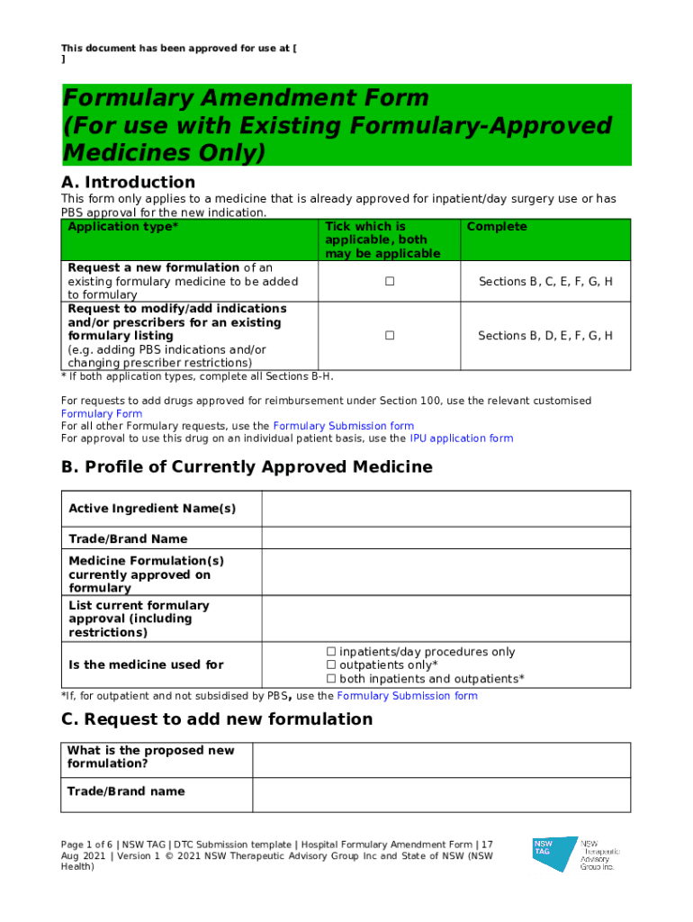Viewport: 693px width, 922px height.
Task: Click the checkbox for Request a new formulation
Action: [390, 282]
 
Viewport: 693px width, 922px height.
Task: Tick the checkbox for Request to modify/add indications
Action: [390, 336]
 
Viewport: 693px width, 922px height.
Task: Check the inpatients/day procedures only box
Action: [330, 652]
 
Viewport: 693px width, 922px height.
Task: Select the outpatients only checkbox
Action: [330, 665]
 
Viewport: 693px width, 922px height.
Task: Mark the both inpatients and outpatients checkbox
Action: [330, 679]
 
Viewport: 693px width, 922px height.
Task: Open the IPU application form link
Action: [461, 438]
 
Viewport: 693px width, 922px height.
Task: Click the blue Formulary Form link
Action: [101, 414]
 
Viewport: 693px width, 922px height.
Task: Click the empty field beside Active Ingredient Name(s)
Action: [445, 509]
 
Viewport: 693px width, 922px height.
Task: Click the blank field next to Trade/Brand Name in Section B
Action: [445, 538]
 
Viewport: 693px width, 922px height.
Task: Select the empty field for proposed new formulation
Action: [441, 760]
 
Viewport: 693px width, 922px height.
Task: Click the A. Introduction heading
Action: [128, 183]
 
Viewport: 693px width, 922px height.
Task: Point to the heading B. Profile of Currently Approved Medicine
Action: [247, 467]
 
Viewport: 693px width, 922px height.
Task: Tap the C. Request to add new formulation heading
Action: [216, 719]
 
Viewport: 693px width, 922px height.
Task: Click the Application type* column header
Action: [123, 227]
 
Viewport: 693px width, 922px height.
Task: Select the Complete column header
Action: [497, 227]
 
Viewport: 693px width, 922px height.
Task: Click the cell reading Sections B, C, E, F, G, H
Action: [545, 282]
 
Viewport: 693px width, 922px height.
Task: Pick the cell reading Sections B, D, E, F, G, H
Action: [545, 336]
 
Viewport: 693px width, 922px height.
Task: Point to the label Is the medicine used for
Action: [146, 665]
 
